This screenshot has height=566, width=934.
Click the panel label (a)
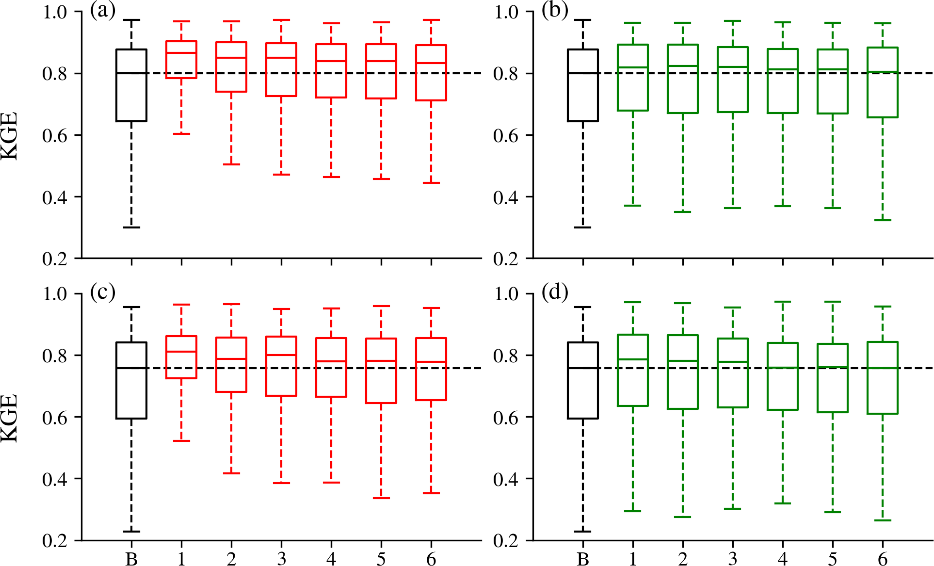click(x=102, y=11)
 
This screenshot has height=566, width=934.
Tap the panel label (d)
click(x=554, y=292)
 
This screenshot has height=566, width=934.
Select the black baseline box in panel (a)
click(x=131, y=85)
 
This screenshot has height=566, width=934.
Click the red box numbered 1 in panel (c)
click(x=181, y=357)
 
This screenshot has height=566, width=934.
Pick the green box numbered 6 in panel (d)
click(x=883, y=378)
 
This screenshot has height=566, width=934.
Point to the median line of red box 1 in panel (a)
click(x=181, y=52)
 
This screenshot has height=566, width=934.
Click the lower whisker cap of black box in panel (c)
click(x=131, y=532)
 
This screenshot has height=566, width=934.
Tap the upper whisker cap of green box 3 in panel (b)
click(x=733, y=21)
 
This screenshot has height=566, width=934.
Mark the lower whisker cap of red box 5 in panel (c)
click(x=381, y=498)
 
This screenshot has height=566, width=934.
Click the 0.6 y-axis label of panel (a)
click(x=54, y=136)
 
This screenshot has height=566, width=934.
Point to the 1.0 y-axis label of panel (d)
click(x=506, y=294)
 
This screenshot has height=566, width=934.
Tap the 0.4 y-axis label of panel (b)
click(x=506, y=197)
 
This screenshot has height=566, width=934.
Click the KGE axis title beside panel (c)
click(x=10, y=418)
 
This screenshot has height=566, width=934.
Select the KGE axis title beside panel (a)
click(x=10, y=135)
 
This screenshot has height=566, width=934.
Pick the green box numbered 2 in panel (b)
click(x=683, y=79)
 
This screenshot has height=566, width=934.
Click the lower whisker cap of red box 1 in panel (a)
click(x=181, y=133)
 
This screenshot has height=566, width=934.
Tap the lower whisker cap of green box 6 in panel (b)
click(x=883, y=220)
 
